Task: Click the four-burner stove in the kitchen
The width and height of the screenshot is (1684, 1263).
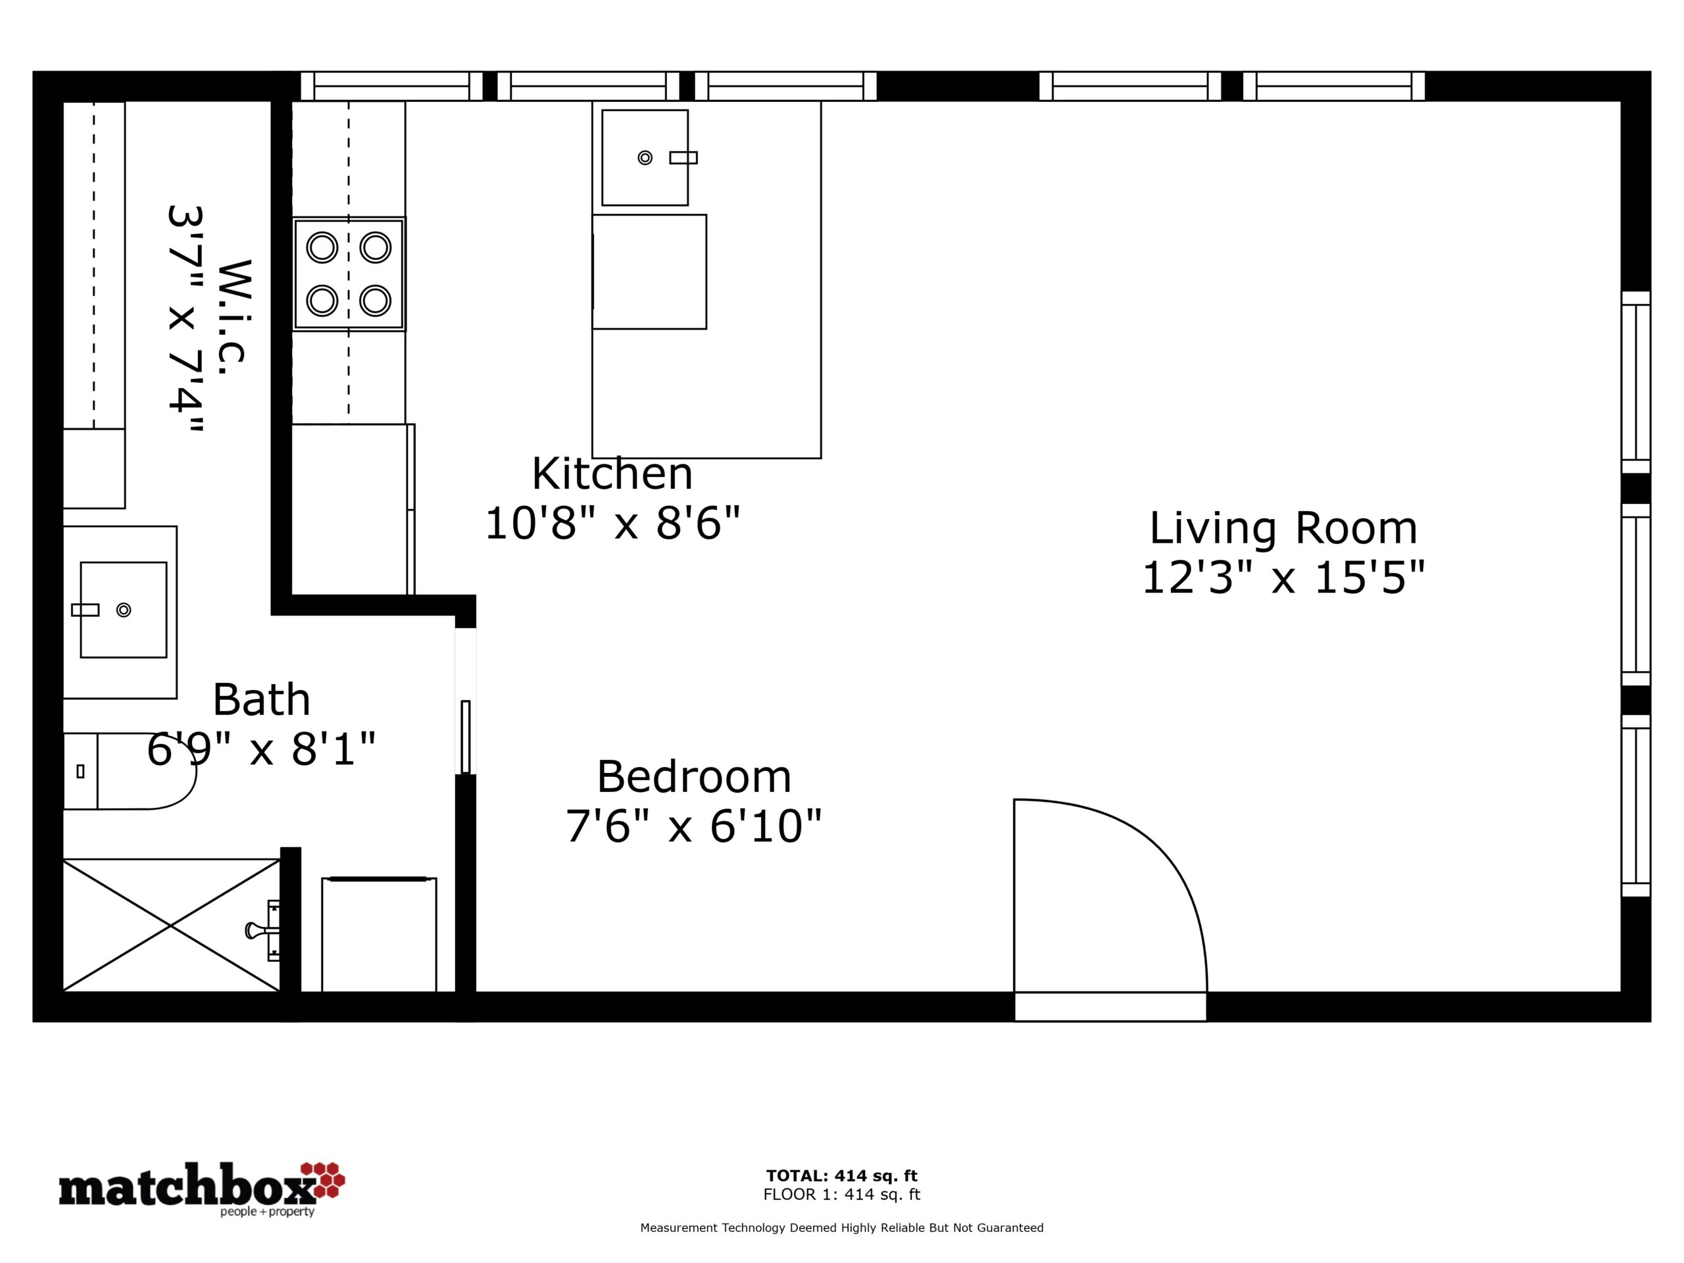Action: coord(349,274)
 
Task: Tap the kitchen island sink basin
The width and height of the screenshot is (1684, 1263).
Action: coord(645,158)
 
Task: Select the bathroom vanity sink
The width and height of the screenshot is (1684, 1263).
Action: coord(123,610)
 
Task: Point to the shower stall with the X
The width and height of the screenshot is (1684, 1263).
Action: coord(171,925)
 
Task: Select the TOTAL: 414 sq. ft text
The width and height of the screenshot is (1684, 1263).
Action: coord(842,1176)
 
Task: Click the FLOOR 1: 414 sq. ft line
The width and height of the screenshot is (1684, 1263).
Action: coord(842,1195)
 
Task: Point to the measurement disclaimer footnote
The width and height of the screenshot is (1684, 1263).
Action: coord(842,1227)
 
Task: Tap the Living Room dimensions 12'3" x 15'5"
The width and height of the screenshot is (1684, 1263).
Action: coord(1283,577)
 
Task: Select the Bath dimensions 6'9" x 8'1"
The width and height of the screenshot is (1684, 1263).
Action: coord(261,749)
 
